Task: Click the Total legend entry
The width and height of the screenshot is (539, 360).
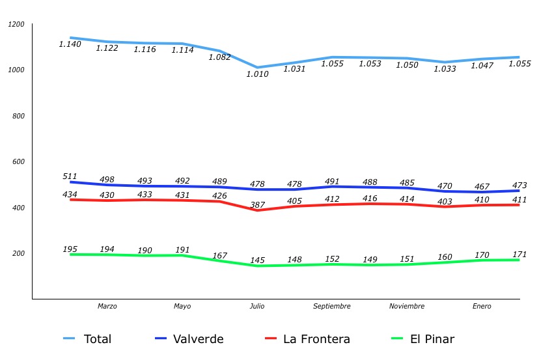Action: [x=88, y=339]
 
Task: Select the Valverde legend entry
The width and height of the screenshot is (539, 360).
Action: [x=189, y=339]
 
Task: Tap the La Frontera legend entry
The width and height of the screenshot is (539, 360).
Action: [x=308, y=339]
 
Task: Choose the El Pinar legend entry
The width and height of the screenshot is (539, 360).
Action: [x=422, y=339]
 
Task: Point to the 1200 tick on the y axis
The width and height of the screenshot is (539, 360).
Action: [x=16, y=25]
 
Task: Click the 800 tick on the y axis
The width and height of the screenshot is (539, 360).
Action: [x=18, y=116]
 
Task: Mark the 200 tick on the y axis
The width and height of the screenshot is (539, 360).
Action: [x=18, y=253]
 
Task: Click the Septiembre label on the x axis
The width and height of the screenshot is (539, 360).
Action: [x=332, y=306]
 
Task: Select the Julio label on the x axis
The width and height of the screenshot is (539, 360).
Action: [x=257, y=306]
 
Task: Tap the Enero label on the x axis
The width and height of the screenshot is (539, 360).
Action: [x=482, y=306]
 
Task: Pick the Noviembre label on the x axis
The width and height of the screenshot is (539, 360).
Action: [x=407, y=306]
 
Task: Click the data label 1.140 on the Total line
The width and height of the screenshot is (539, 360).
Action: [x=70, y=44]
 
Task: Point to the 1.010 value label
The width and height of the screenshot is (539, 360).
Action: [x=257, y=74]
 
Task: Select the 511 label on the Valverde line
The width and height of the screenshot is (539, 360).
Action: [x=70, y=176]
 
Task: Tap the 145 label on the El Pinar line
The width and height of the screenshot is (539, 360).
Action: [x=257, y=260]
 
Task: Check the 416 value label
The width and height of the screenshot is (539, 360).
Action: [x=370, y=198]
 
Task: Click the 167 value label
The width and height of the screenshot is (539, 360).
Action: [x=219, y=256]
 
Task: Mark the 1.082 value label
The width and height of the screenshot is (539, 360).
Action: [x=220, y=57]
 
